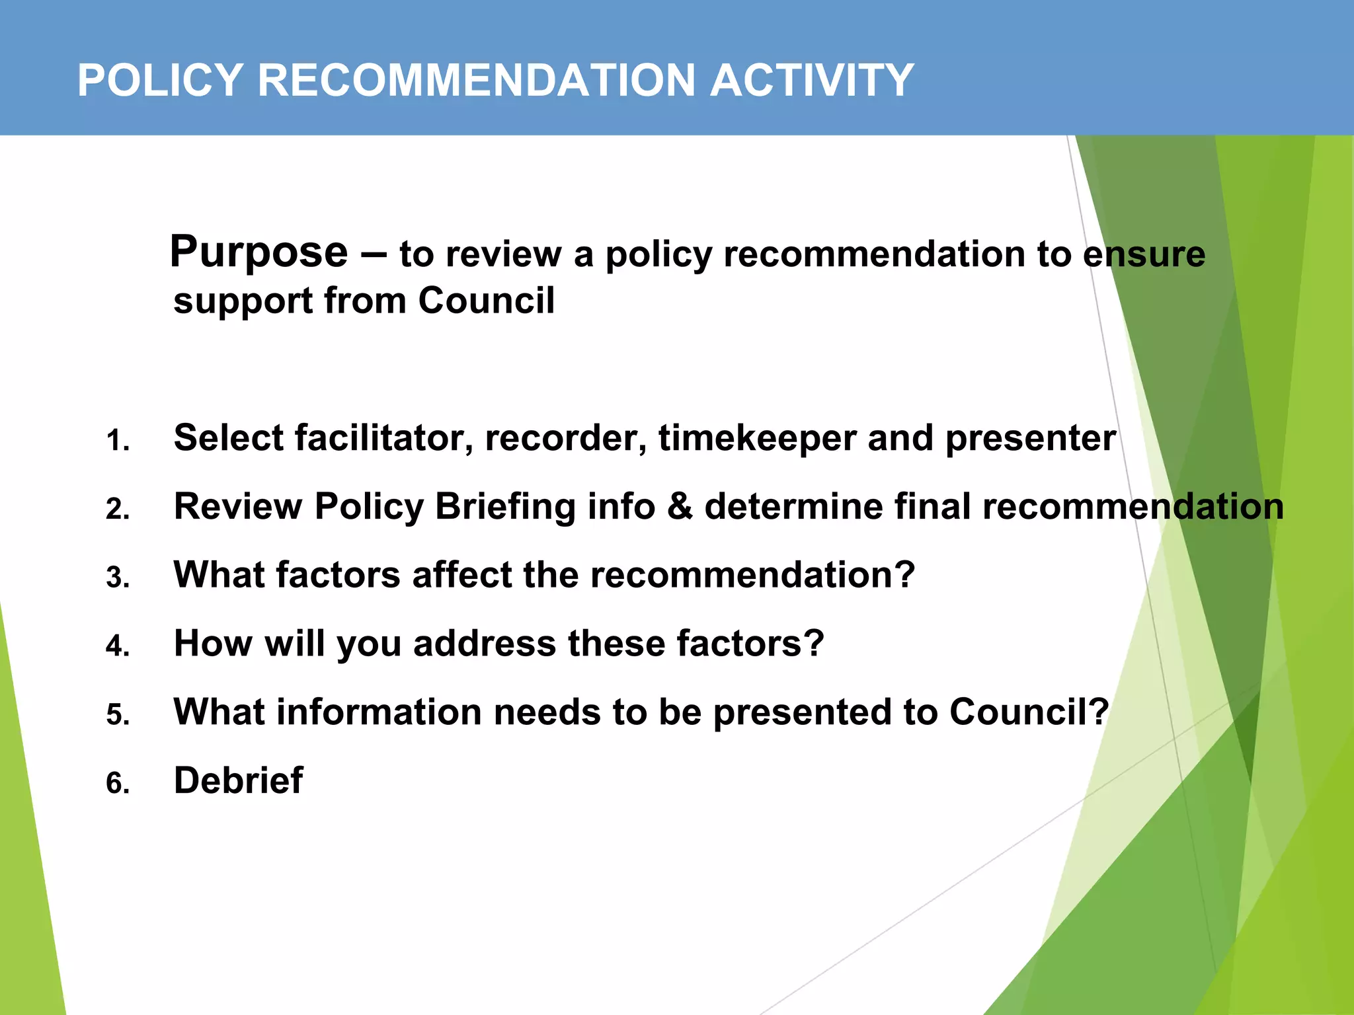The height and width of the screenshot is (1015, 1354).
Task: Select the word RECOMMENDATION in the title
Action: (476, 81)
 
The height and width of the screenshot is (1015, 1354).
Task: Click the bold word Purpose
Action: (259, 252)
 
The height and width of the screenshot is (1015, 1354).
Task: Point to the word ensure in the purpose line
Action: (1144, 254)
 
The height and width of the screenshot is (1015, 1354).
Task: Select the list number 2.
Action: (118, 509)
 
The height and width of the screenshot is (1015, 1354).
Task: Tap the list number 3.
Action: (118, 578)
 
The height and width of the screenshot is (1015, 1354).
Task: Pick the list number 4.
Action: (118, 646)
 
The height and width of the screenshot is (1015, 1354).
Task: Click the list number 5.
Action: (118, 715)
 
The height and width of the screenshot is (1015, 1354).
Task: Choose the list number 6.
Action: (118, 784)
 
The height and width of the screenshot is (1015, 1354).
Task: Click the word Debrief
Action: (238, 780)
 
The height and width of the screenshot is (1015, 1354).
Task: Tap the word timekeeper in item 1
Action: (757, 438)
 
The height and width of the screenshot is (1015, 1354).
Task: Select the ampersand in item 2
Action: (680, 507)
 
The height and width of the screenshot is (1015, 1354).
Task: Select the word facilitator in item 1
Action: (383, 438)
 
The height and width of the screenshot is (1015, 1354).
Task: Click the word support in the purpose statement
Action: (243, 302)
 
